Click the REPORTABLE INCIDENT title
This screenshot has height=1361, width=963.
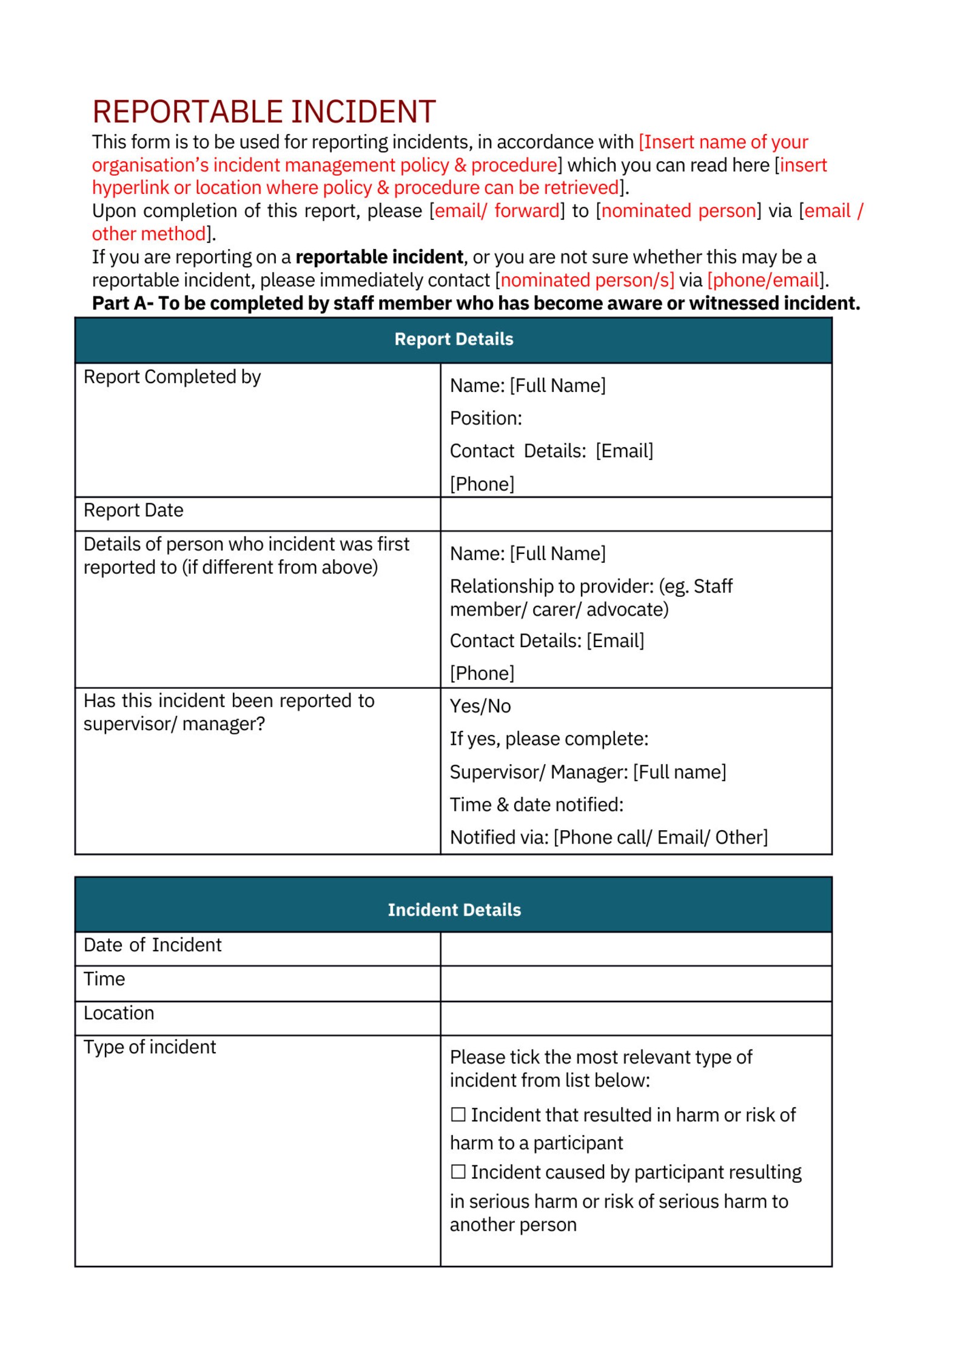click(x=264, y=112)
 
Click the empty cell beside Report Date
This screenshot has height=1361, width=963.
click(x=636, y=514)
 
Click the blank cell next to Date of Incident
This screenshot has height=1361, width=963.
click(x=636, y=948)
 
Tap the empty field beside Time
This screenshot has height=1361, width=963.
click(x=636, y=983)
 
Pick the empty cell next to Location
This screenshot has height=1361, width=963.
click(x=636, y=1017)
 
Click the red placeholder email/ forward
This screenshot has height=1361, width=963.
click(x=497, y=211)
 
